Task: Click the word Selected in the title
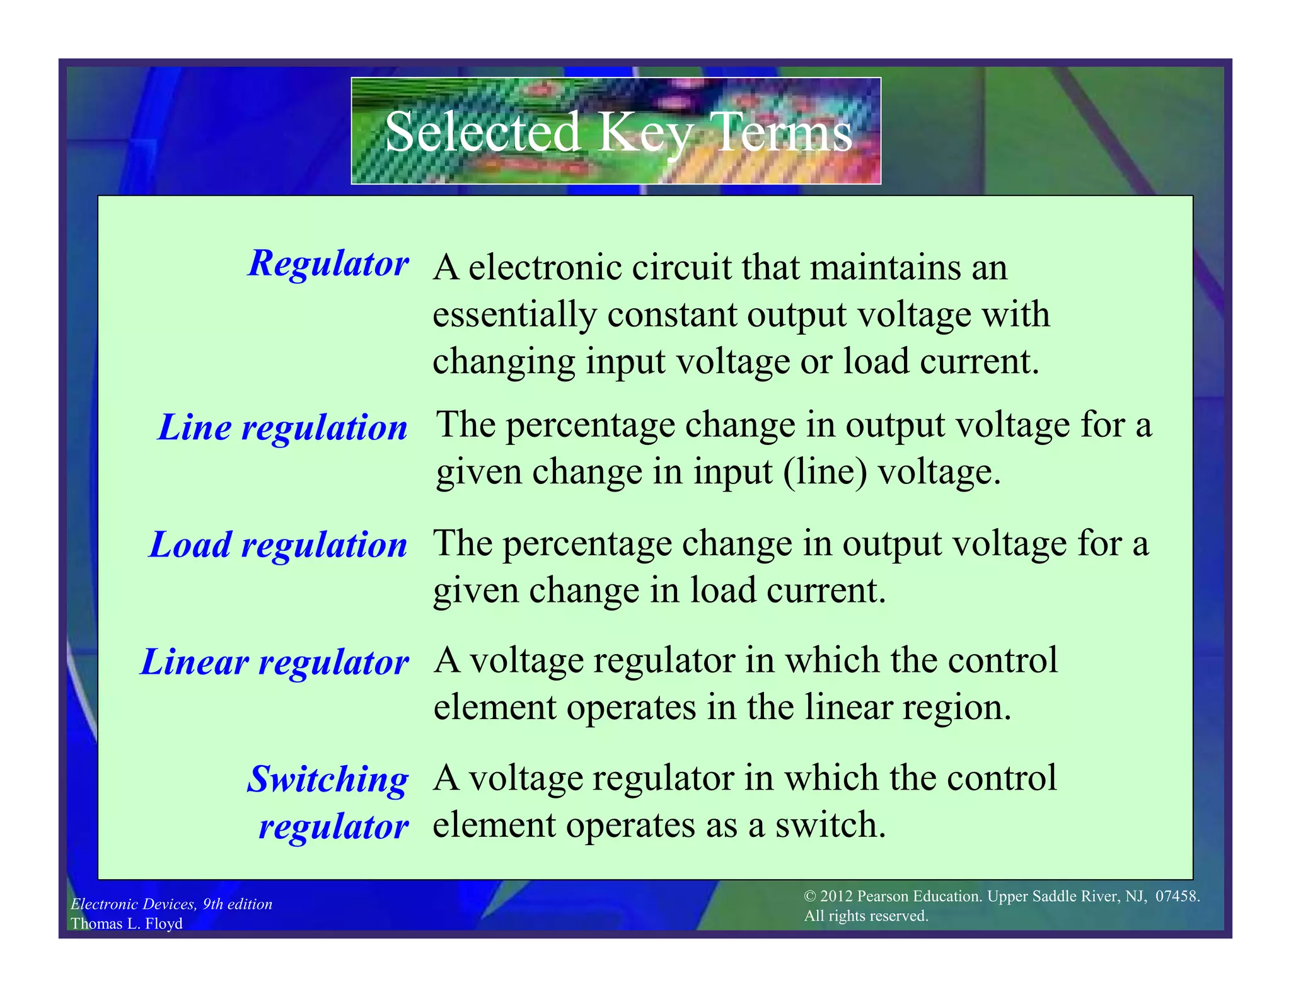pyautogui.click(x=482, y=132)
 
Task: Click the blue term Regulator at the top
pyautogui.click(x=328, y=263)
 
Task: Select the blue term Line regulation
pyautogui.click(x=283, y=427)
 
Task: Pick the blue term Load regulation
pyautogui.click(x=278, y=545)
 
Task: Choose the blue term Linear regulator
pyautogui.click(x=275, y=662)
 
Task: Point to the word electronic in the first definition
pyautogui.click(x=545, y=267)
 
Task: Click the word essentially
pyautogui.click(x=514, y=314)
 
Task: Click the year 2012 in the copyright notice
pyautogui.click(x=837, y=896)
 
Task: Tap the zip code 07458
pyautogui.click(x=1177, y=896)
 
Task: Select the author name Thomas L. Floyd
pyautogui.click(x=127, y=923)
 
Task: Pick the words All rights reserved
pyautogui.click(x=866, y=916)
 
